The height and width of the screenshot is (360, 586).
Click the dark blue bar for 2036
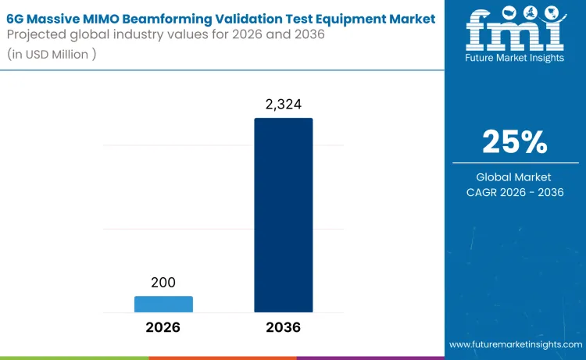(283, 216)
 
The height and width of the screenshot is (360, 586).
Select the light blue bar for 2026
(163, 305)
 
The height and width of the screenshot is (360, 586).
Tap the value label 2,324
(283, 105)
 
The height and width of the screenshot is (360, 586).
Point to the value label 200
(163, 283)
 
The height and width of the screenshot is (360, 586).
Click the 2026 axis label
(163, 327)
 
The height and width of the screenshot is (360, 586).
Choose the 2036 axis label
(283, 327)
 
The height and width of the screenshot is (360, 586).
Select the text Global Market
(514, 177)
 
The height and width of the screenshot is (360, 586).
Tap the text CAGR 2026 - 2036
(514, 192)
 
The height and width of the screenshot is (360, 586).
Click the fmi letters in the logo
(514, 31)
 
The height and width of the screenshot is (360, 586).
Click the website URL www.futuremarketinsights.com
(515, 344)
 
